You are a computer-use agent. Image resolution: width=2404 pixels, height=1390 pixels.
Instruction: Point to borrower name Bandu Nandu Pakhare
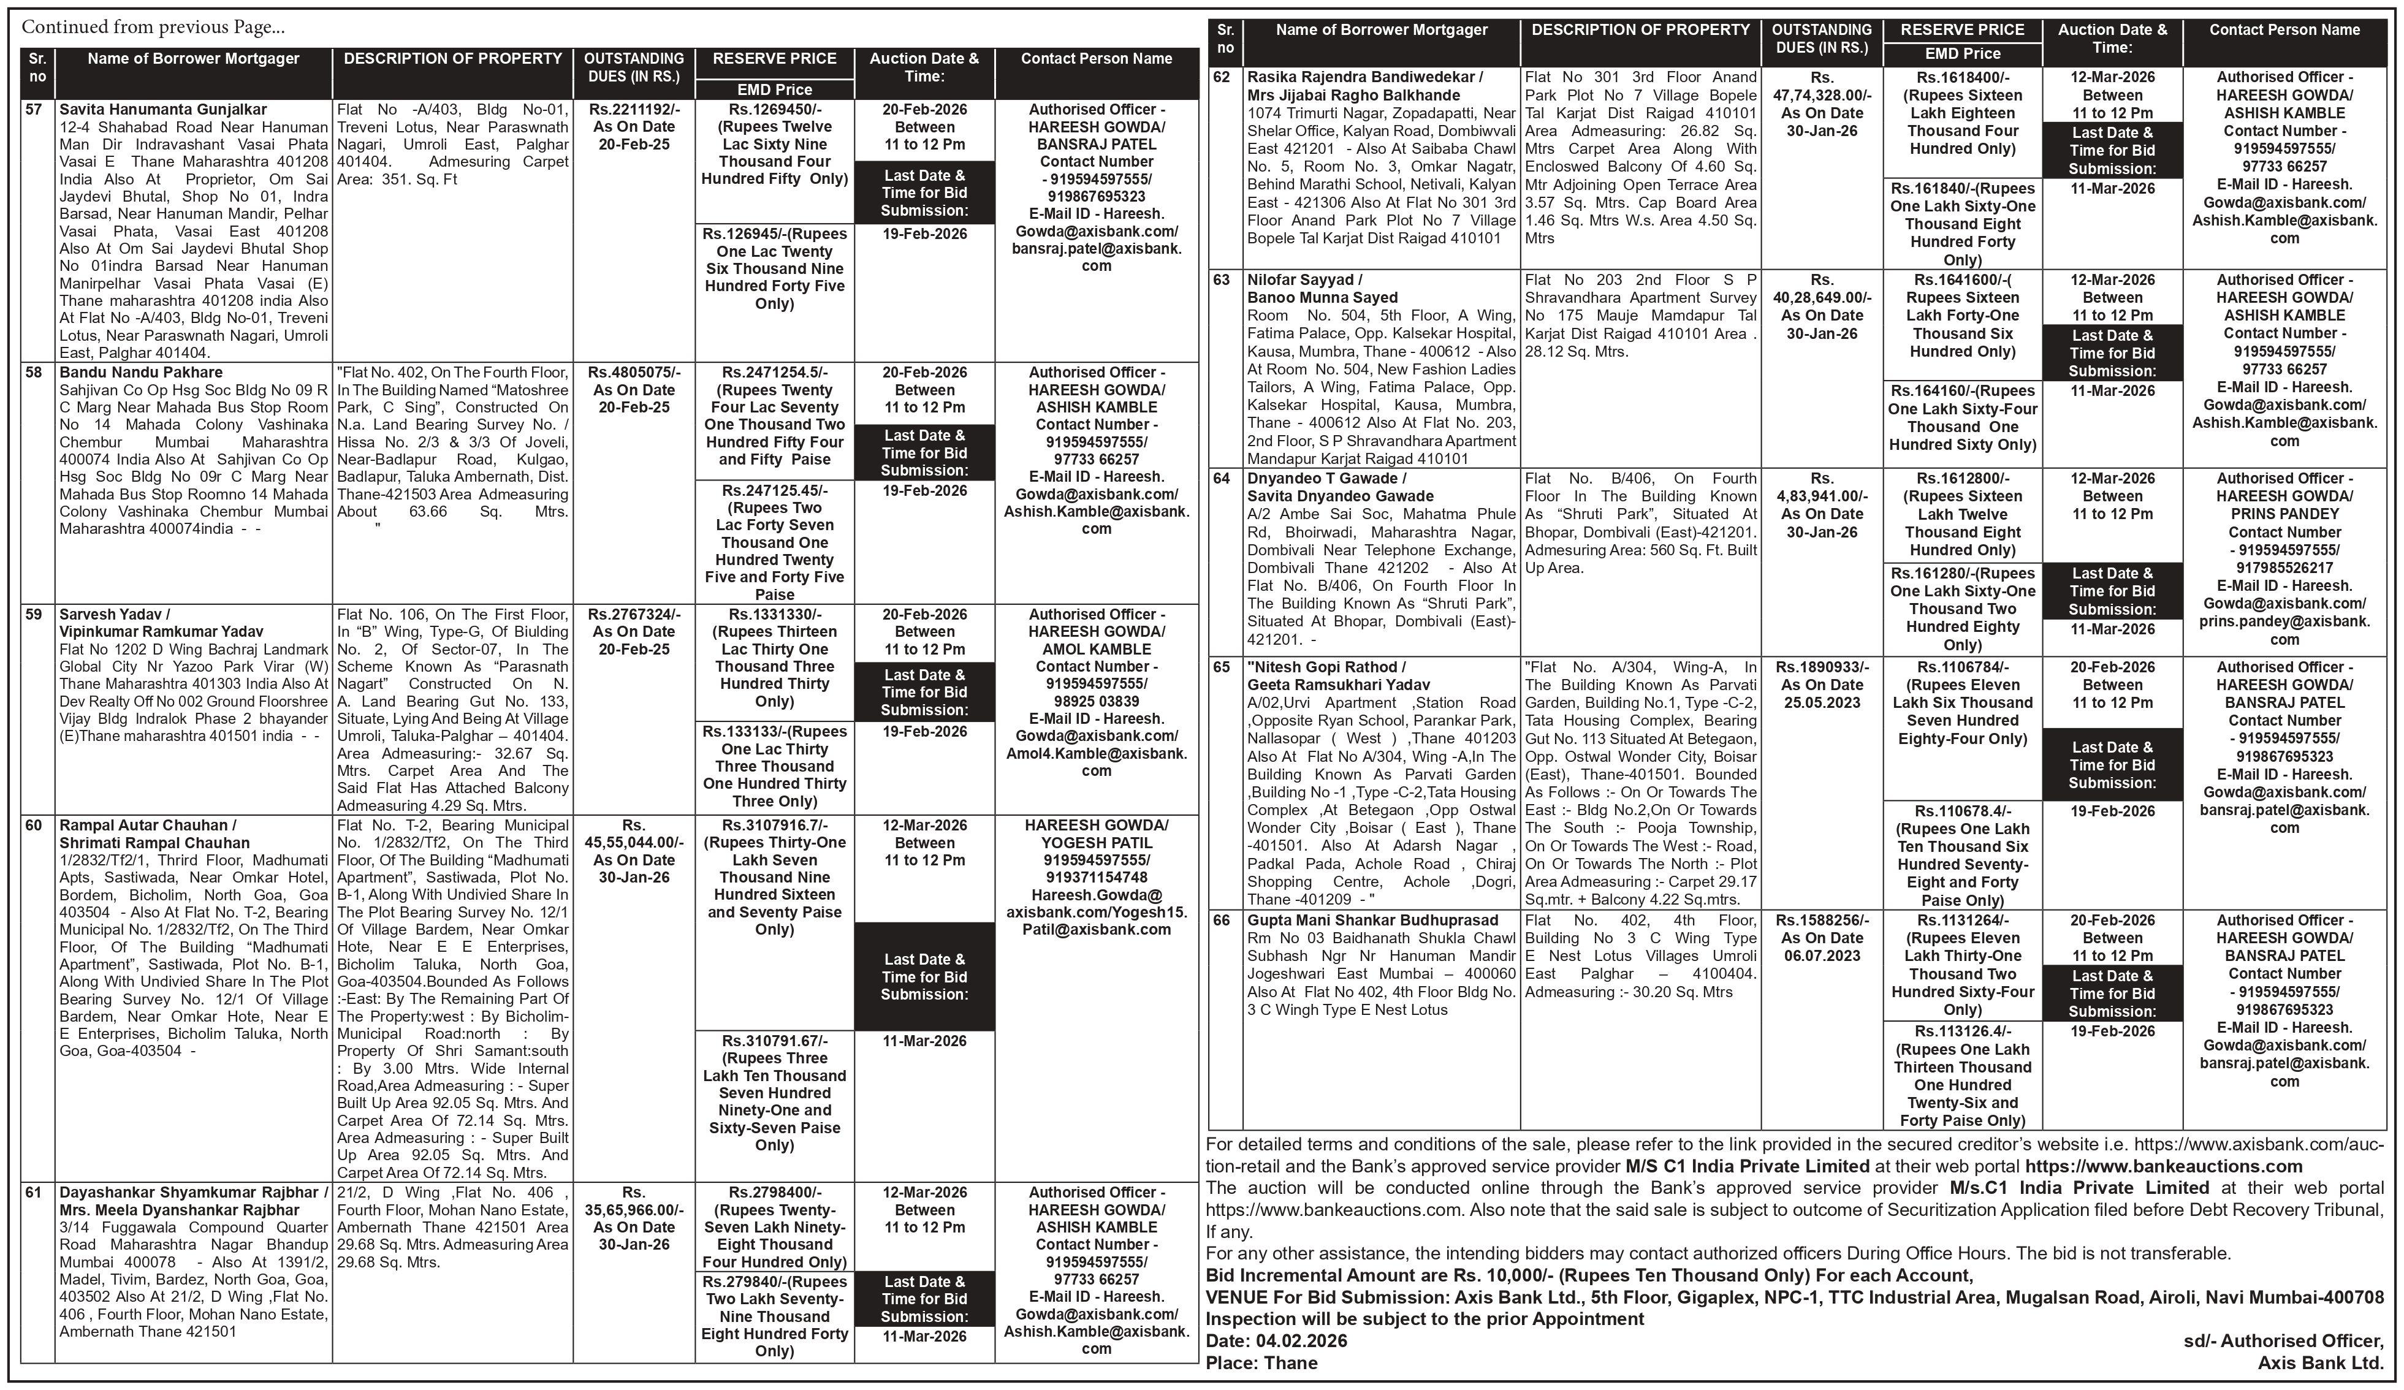(x=141, y=372)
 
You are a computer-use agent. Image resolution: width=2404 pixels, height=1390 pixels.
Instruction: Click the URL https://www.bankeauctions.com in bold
(x=2164, y=1166)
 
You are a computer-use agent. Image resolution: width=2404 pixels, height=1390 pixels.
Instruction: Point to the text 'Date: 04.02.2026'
(x=1276, y=1340)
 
